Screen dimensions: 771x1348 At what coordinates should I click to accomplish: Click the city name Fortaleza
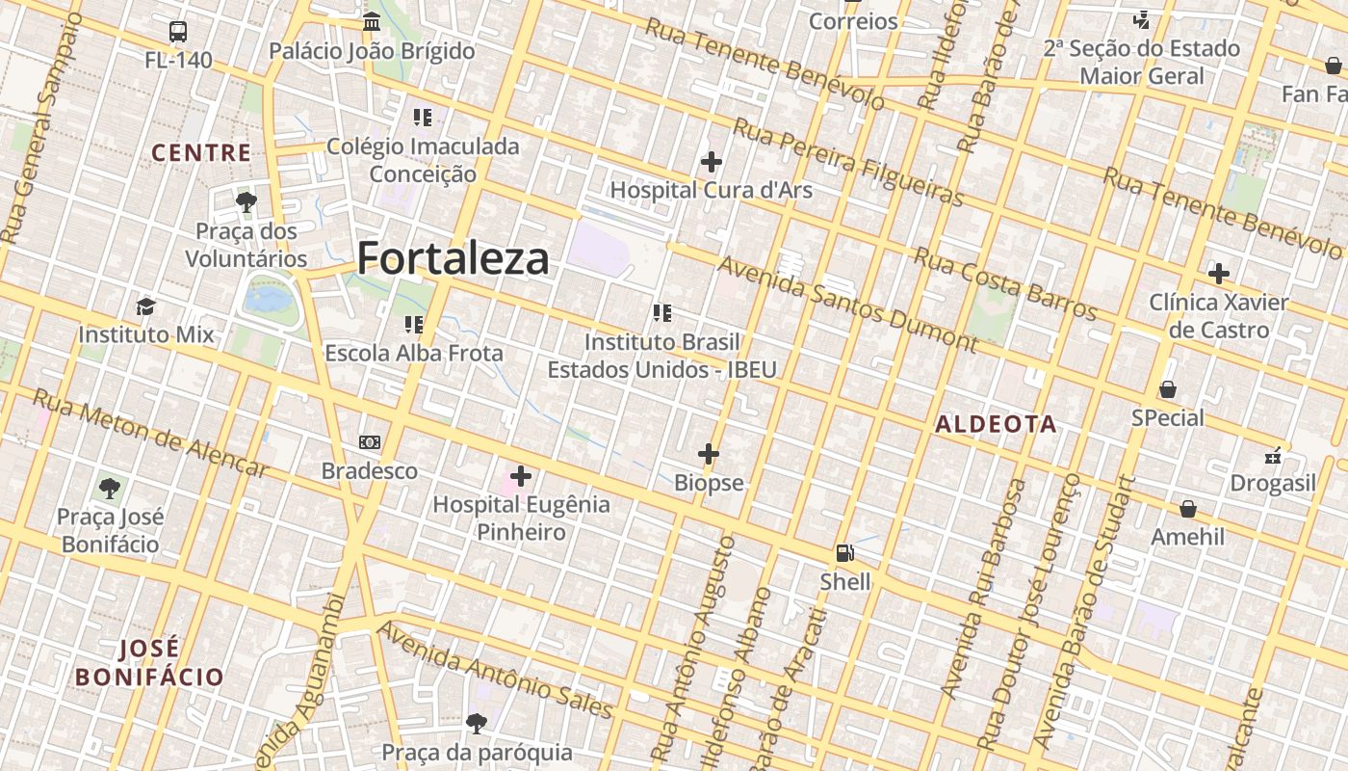(x=453, y=258)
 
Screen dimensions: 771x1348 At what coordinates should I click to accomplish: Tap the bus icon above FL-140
(x=178, y=32)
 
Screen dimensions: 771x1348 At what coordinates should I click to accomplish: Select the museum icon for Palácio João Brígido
(x=372, y=21)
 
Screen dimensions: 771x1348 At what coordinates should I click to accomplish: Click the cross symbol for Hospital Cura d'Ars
(x=712, y=162)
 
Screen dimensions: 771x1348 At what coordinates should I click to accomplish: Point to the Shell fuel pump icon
(x=845, y=553)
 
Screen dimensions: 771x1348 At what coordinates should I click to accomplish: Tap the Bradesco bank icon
(x=370, y=442)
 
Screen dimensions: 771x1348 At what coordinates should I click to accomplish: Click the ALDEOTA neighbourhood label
(x=996, y=424)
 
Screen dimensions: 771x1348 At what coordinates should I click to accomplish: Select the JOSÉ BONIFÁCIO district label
(x=149, y=662)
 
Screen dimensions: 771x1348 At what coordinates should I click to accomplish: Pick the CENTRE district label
(x=201, y=153)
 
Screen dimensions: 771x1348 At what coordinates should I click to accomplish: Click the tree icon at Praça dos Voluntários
(x=246, y=202)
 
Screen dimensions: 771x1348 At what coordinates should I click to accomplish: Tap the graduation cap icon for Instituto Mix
(x=145, y=306)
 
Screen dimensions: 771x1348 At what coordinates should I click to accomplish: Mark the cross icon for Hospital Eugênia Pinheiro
(x=521, y=476)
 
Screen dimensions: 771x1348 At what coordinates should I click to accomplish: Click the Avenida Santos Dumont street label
(x=847, y=304)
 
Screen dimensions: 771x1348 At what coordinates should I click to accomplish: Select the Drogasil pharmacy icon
(x=1273, y=455)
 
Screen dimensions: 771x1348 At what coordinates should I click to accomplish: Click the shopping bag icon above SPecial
(x=1168, y=389)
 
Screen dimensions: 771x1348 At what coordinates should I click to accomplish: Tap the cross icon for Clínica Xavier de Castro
(x=1219, y=274)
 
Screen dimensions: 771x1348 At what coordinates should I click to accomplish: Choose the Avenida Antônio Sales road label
(x=495, y=671)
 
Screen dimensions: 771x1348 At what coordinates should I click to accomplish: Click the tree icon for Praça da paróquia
(x=476, y=723)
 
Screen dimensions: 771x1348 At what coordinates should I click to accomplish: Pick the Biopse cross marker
(x=709, y=454)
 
